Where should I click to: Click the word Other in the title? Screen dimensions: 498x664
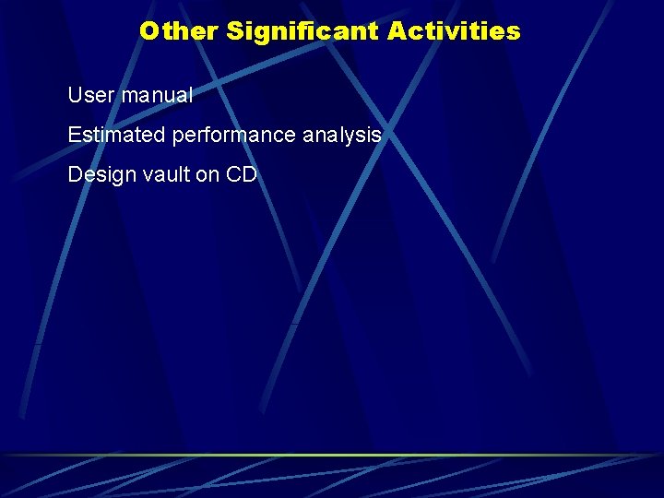coord(179,31)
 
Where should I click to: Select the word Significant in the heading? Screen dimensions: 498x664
coord(302,31)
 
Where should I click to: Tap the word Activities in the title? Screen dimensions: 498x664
coord(454,31)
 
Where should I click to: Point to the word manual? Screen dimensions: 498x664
coord(157,95)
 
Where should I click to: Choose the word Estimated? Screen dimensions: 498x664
coord(117,136)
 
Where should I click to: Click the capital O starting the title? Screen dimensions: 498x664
coord(149,31)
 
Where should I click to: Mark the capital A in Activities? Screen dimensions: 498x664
coord(397,31)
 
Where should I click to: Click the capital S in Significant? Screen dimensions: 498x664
coord(234,31)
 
